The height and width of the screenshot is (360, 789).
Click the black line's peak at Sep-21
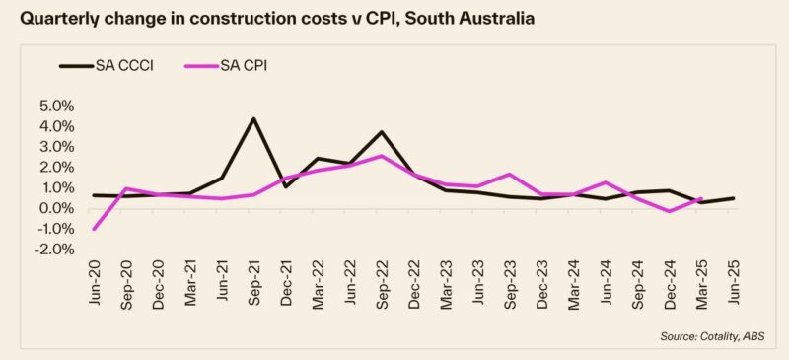253,119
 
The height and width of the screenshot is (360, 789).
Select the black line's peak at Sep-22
381,132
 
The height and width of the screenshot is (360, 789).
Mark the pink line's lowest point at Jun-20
95,229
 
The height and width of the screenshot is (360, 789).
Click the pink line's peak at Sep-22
381,156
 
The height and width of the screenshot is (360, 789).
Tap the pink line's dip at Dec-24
669,211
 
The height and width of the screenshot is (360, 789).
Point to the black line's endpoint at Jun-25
732,198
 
